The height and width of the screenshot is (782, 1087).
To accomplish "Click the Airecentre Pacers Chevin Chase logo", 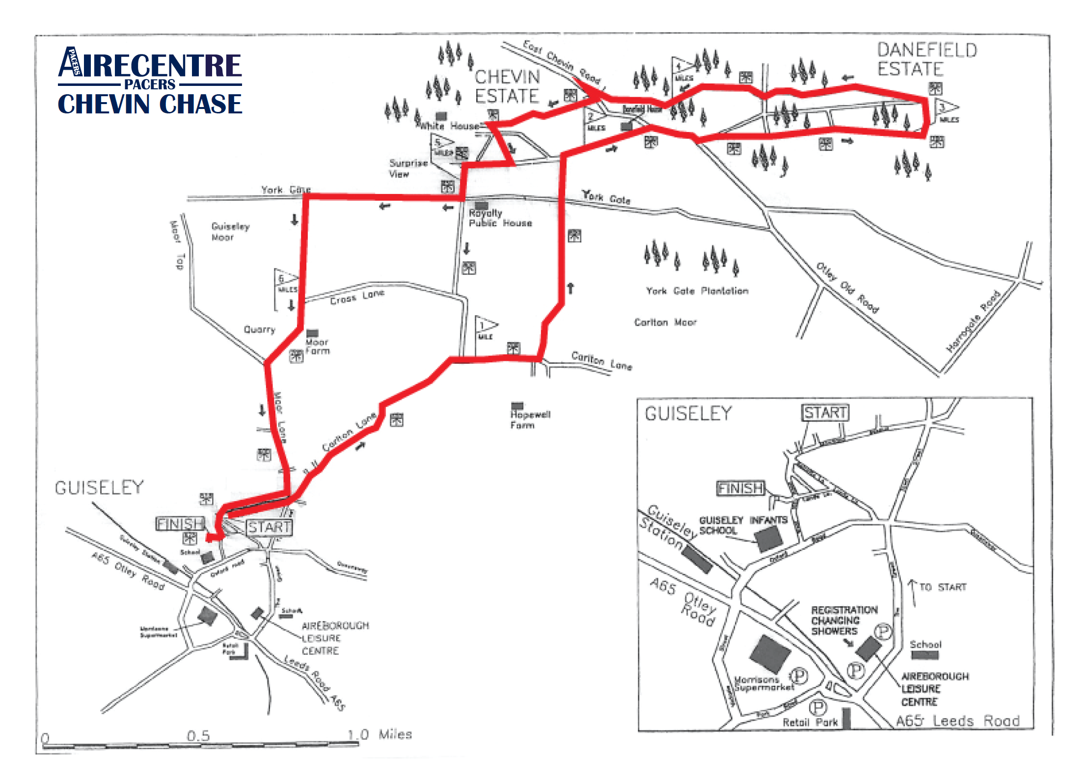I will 150,81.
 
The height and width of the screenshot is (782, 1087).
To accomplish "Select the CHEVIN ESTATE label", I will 507,86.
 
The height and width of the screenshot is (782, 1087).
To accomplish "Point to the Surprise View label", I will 408,168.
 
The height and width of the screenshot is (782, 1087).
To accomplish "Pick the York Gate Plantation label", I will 697,291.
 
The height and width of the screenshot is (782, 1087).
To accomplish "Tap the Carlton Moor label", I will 665,322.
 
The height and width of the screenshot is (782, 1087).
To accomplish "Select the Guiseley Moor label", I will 230,232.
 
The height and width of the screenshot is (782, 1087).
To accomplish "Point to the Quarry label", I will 259,329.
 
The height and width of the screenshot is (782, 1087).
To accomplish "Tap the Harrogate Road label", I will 973,321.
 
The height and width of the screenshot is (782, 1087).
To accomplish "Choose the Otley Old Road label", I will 847,288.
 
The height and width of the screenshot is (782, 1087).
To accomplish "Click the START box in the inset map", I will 825,413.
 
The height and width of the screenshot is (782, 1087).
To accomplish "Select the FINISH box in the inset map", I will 740,488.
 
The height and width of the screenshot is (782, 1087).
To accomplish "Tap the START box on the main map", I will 269,527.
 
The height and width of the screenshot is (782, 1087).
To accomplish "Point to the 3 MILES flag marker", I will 946,111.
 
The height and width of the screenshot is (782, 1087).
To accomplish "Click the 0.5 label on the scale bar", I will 198,736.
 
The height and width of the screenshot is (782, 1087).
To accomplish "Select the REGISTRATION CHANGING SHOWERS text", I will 843,620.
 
